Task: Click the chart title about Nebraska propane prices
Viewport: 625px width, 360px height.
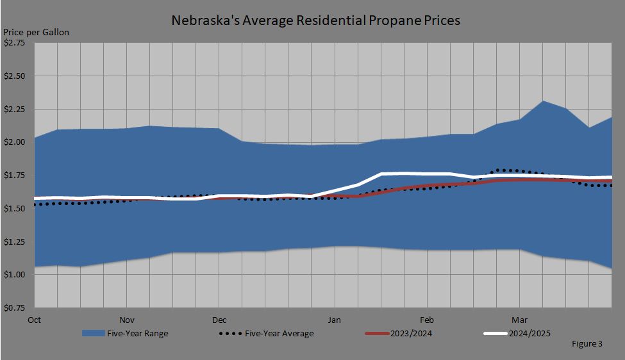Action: (315, 20)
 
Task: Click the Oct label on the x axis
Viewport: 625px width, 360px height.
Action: (35, 319)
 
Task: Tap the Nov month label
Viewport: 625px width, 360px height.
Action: (127, 319)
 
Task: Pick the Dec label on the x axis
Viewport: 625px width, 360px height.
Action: (219, 319)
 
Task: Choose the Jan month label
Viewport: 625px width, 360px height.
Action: (334, 319)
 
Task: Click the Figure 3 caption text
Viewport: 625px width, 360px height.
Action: (587, 344)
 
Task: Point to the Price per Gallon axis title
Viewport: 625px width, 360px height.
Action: (36, 32)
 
